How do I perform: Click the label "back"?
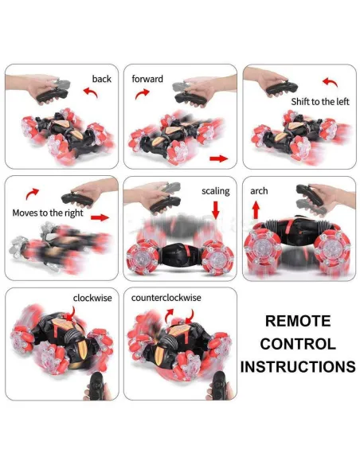[x=101, y=79]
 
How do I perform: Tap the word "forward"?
[x=147, y=79]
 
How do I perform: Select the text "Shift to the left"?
[x=319, y=100]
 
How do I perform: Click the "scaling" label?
[x=215, y=191]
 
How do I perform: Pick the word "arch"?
[x=259, y=191]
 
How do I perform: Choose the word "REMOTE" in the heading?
[x=297, y=322]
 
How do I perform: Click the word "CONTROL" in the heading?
[x=297, y=344]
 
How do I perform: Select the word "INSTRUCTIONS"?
[x=297, y=367]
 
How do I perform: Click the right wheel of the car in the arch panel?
[x=332, y=255]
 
